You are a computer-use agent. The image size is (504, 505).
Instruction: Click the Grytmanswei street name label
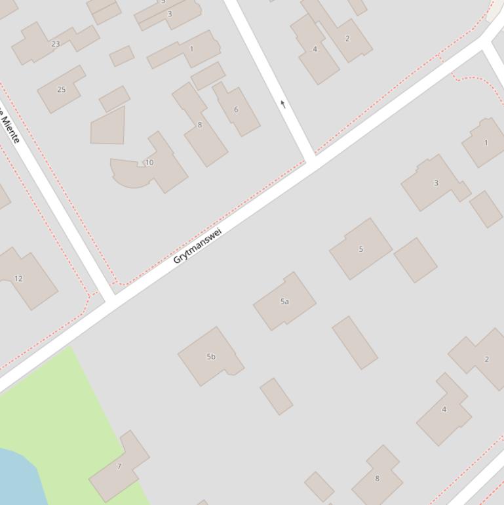coord(197,246)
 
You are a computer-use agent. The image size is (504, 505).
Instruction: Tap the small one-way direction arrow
coord(283,104)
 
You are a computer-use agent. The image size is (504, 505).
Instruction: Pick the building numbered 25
coord(60,89)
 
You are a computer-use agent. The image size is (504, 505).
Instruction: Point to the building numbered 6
coord(237,110)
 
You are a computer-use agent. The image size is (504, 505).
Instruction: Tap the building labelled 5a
coord(284,302)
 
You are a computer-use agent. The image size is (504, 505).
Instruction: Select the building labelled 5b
coord(210,356)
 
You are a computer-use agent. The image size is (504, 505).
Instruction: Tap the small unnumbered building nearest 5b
coord(276,396)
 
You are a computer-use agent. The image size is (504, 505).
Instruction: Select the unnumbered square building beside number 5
coord(416,260)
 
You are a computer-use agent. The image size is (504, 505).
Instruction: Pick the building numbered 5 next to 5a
coord(360,249)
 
